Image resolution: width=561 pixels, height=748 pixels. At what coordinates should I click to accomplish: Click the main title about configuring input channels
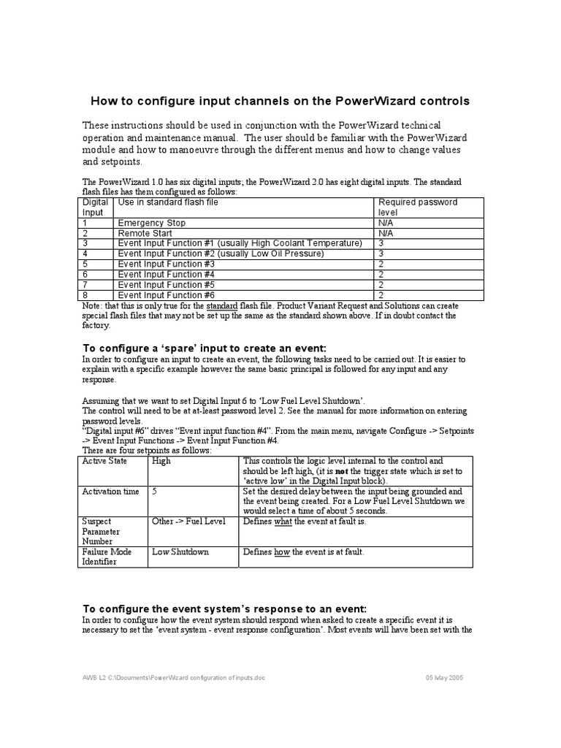pos(280,101)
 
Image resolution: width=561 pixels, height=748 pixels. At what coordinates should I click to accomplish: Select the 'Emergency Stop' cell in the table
pos(151,223)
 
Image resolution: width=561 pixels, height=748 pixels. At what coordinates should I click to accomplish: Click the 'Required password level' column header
pos(417,207)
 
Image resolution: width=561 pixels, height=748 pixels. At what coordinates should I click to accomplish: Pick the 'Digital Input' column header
pos(95,207)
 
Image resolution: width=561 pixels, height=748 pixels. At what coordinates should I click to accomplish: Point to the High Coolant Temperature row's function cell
pos(240,243)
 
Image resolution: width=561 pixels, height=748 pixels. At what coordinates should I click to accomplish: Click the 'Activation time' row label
pos(110,492)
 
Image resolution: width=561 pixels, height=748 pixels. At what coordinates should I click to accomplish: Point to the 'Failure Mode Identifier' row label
pos(107,557)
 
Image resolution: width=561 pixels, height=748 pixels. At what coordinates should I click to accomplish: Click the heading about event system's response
pos(224,609)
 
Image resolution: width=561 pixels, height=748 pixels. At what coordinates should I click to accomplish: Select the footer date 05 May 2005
pos(444,678)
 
